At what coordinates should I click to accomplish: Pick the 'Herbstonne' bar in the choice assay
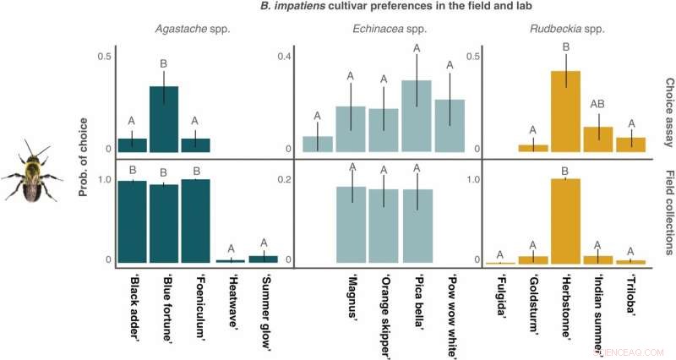[x=565, y=111]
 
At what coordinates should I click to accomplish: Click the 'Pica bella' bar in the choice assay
[x=417, y=116]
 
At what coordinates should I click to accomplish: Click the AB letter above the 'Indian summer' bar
[x=597, y=104]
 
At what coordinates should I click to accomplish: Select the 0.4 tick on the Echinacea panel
[x=284, y=57]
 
